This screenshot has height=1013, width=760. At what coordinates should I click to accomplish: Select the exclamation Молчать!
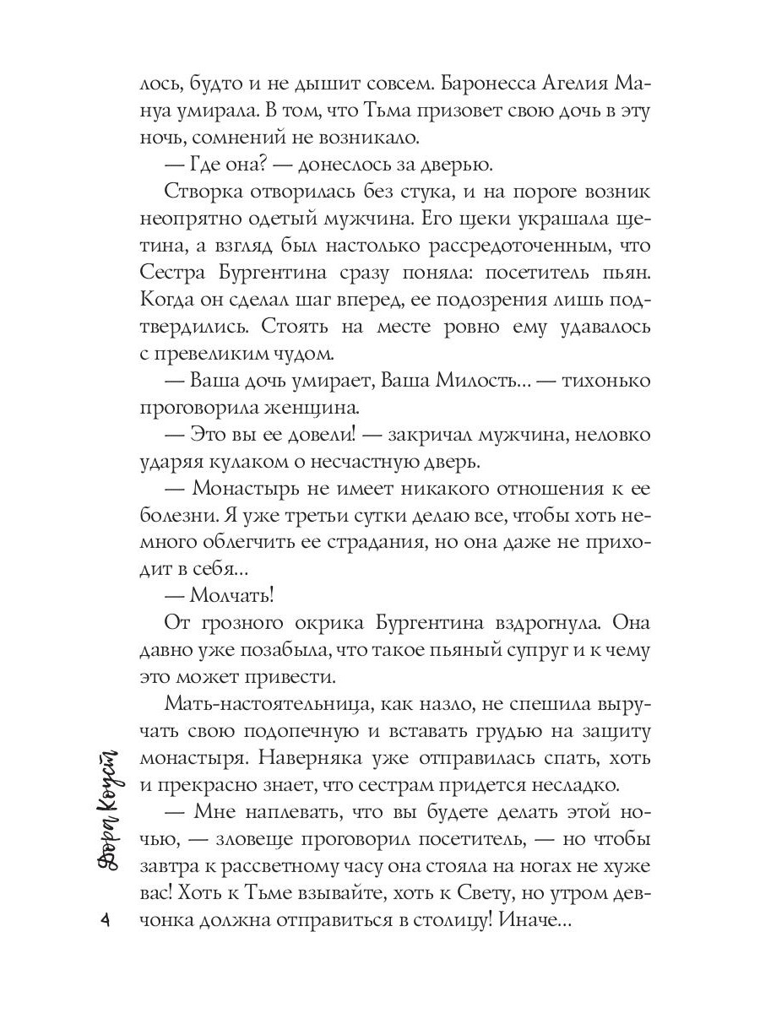[234, 594]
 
